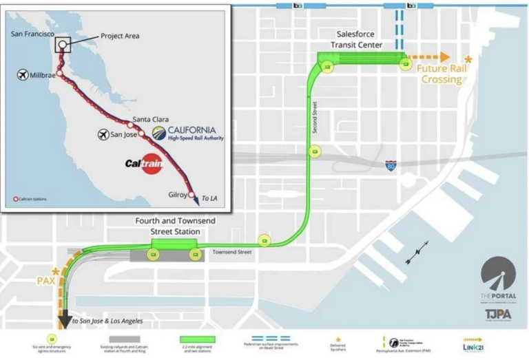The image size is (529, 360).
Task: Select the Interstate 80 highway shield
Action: coord(391,166)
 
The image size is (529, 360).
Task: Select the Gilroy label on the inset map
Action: coord(176,195)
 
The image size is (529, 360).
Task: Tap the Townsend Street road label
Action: coord(232,253)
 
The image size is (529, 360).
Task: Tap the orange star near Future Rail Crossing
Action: coord(468,60)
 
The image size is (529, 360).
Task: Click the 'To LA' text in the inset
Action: coord(209,199)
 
